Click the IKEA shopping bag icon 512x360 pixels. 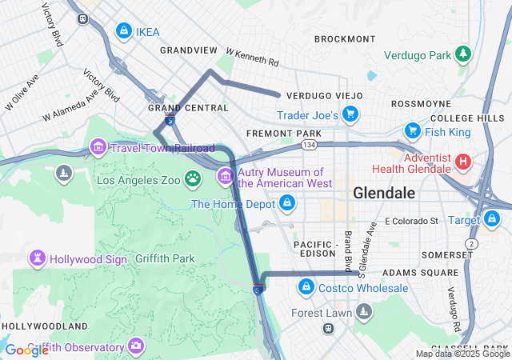point(123,31)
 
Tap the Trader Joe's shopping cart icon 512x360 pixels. point(350,114)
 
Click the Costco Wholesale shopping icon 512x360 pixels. point(305,286)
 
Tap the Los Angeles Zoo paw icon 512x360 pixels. point(193,178)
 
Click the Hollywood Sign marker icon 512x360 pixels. point(37,258)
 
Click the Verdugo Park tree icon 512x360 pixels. point(462,54)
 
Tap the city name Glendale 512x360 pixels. point(384,194)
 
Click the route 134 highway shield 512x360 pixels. point(309,145)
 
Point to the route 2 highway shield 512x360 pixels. point(472,242)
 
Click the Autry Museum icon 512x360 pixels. point(225,175)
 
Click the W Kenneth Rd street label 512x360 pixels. point(252,57)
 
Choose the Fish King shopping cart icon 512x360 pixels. point(412,130)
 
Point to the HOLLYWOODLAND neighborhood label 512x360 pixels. point(44,326)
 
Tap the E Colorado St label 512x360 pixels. point(411,220)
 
